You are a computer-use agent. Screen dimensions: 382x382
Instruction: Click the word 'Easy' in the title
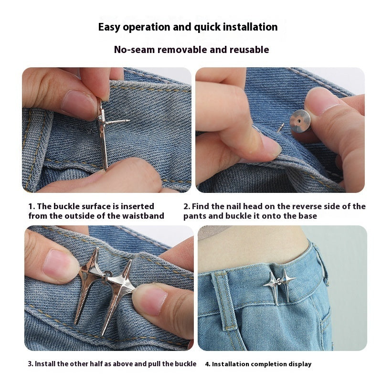click(x=109, y=27)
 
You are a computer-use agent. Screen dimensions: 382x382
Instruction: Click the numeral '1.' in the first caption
click(x=32, y=206)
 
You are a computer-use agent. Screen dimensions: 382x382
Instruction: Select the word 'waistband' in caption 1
click(x=145, y=216)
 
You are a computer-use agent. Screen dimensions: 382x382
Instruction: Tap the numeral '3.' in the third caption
click(x=31, y=364)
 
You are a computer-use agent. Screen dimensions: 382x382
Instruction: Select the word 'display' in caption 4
click(x=299, y=364)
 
